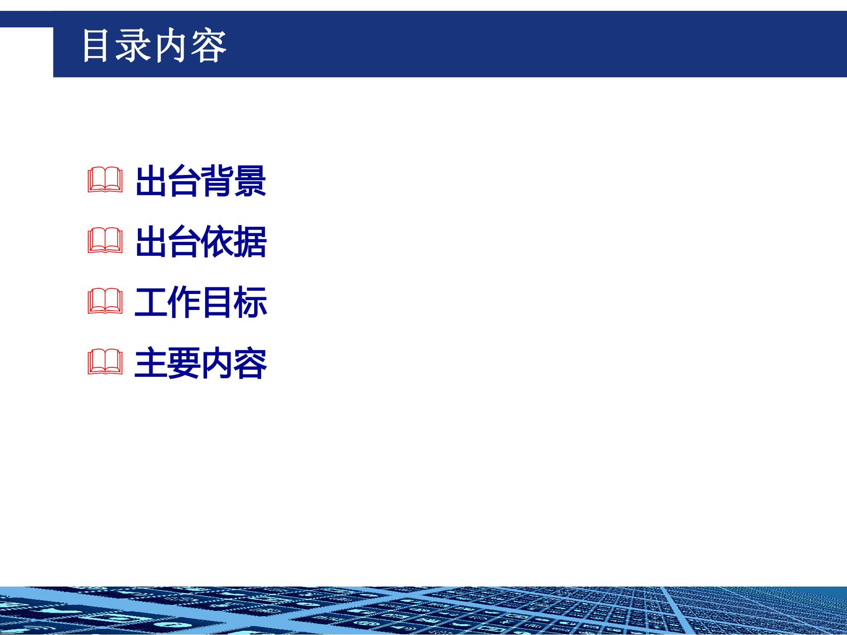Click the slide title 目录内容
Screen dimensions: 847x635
(x=154, y=46)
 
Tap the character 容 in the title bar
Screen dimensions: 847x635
(x=209, y=46)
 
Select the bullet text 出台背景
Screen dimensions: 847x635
(x=201, y=181)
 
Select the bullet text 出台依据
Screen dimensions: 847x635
(x=201, y=242)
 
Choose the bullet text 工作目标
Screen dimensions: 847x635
(x=201, y=302)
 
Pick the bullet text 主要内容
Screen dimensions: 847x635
(x=201, y=363)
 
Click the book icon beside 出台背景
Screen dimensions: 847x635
(x=105, y=181)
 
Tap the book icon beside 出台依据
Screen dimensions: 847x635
(x=105, y=242)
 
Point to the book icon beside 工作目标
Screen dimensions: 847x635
(x=105, y=302)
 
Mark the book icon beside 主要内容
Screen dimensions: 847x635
(x=105, y=363)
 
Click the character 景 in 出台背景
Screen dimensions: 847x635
(x=250, y=181)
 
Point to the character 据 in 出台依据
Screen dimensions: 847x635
(x=250, y=242)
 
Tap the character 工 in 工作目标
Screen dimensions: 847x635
(x=151, y=302)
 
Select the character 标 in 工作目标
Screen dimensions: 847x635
(x=250, y=302)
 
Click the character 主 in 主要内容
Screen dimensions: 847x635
(x=151, y=363)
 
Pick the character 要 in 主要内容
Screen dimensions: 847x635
(x=184, y=363)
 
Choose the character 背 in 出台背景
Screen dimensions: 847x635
(x=217, y=181)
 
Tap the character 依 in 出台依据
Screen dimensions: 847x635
(x=217, y=242)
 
